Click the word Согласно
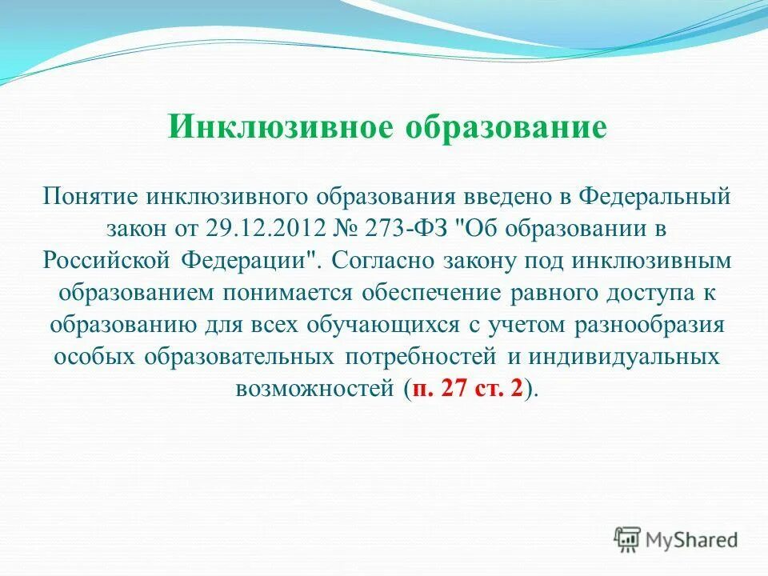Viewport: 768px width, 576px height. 378,260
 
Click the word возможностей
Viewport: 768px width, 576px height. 315,389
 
